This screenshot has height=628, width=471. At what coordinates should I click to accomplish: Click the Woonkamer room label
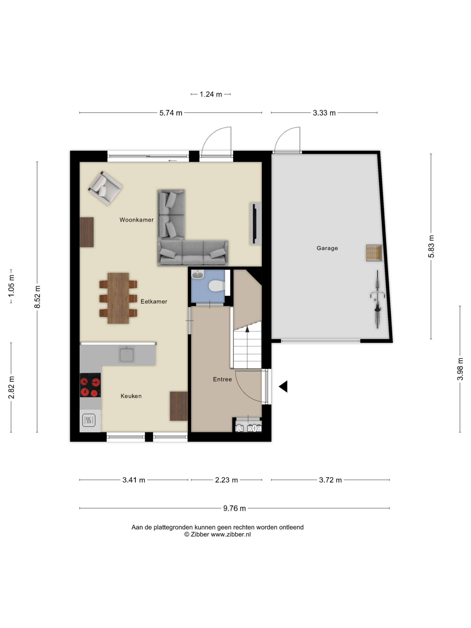point(136,220)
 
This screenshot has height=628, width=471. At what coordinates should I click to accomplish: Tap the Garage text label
point(327,248)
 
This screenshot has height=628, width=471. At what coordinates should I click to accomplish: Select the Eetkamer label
point(154,301)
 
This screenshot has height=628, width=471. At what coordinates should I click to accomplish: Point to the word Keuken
point(131,396)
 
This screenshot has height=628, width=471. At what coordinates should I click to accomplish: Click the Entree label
point(222,379)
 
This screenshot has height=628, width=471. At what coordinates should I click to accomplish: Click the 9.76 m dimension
point(234,509)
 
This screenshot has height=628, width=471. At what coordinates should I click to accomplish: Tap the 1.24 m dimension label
point(211,94)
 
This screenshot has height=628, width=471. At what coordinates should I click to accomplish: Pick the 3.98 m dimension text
point(460,369)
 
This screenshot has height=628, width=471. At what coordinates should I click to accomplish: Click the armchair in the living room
point(105,188)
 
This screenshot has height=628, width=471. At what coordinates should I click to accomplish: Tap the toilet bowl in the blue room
point(216,286)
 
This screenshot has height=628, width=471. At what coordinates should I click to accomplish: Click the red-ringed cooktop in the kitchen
point(90,385)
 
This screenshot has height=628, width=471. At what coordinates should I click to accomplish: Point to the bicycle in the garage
point(377,300)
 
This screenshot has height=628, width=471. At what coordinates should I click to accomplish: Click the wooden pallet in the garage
point(374,253)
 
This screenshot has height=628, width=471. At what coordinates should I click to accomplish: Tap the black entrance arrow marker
point(283,387)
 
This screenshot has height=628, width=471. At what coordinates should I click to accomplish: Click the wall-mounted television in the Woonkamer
point(255,223)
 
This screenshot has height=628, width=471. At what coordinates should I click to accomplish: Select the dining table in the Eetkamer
point(118,298)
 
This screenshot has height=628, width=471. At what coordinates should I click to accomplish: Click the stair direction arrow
point(247,329)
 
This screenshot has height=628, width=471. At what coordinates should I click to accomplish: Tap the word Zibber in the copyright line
point(200,534)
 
